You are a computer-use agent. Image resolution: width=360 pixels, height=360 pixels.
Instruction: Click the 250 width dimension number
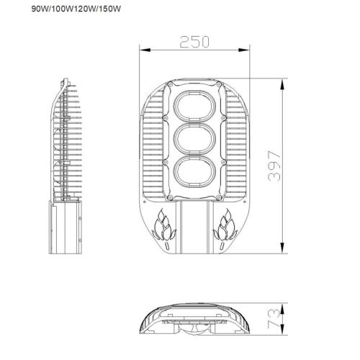click(x=194, y=41)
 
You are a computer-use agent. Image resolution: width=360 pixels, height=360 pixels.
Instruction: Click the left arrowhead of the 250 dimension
click(x=142, y=50)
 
